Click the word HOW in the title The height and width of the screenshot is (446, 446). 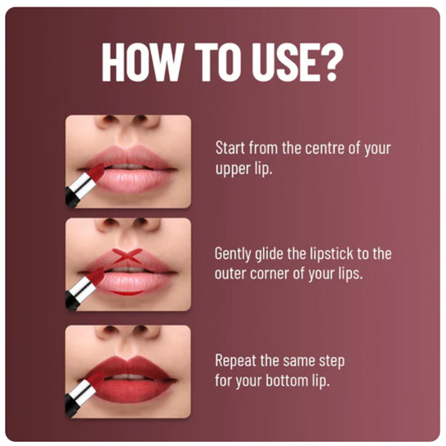tap(141, 62)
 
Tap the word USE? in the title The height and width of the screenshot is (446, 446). tap(297, 62)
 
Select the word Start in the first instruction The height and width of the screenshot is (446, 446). tap(230, 148)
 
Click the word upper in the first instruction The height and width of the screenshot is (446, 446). tap(230, 169)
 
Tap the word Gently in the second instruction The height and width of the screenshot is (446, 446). tap(233, 254)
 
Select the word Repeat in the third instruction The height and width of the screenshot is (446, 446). tap(235, 361)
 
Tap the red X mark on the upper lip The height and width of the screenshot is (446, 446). tap(127, 256)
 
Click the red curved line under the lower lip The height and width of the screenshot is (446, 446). tap(127, 293)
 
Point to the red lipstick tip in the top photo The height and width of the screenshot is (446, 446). tap(96, 172)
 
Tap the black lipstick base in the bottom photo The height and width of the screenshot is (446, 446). tap(71, 406)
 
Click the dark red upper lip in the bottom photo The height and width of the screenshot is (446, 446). tap(129, 366)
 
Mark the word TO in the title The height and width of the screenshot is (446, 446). tap(218, 62)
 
